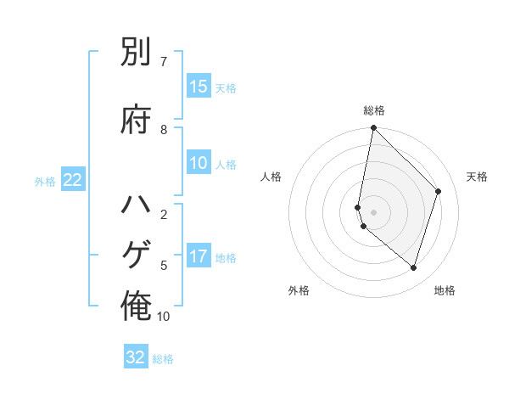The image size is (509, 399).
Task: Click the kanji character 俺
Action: tap(136, 307)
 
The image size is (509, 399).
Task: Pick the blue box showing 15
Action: tap(199, 87)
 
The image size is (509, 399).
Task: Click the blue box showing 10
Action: tap(199, 164)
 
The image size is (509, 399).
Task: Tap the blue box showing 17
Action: tap(199, 256)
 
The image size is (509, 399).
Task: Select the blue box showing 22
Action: tap(73, 180)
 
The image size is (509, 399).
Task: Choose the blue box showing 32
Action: tap(136, 357)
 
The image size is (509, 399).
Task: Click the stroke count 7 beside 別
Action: tap(163, 62)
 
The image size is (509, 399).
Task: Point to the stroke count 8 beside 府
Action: tap(163, 130)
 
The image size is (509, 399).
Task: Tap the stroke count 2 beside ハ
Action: tap(163, 215)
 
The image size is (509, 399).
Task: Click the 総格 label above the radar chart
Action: tap(374, 110)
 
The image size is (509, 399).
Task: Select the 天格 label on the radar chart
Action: tap(477, 177)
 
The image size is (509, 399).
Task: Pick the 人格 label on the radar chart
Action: tap(271, 177)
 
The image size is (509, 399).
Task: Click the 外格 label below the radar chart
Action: tap(299, 290)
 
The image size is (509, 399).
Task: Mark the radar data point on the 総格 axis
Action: tap(374, 128)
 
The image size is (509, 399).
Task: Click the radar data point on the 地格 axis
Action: tap(413, 268)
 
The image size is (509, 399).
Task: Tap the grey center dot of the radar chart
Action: tap(374, 211)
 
